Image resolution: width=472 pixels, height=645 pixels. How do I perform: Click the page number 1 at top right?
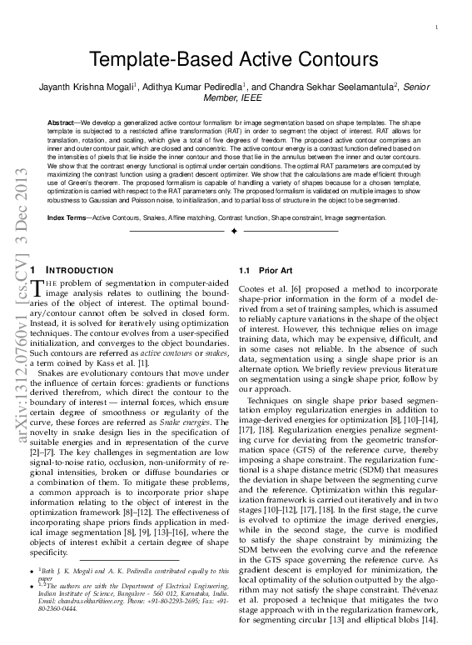437,28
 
